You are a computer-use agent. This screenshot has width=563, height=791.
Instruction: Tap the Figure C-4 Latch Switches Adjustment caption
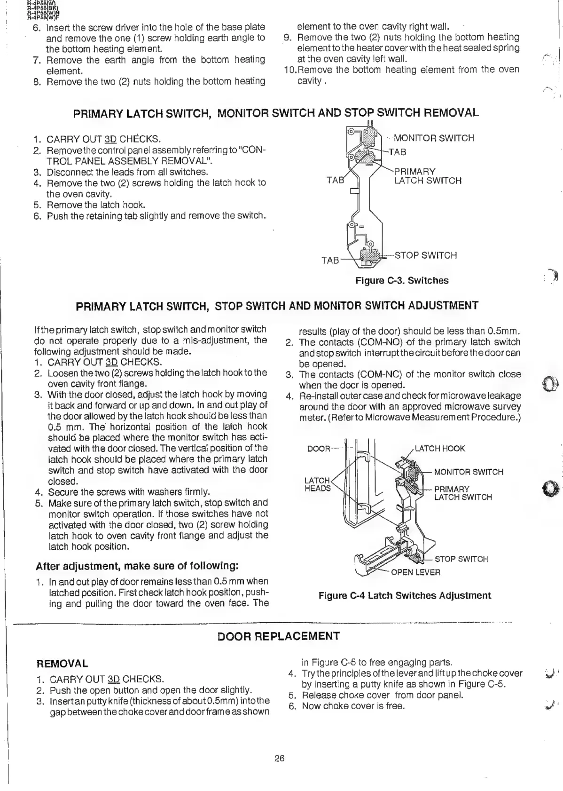tap(405, 595)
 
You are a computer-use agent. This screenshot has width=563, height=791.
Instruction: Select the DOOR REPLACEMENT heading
tap(279, 636)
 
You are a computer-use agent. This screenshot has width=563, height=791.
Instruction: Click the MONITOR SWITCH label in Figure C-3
tap(433, 138)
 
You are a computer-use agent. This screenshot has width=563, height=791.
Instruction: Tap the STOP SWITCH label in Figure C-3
tap(426, 255)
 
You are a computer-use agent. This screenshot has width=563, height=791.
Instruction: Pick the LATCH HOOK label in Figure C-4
tap(440, 448)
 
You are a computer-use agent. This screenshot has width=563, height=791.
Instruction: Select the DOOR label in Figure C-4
tap(319, 448)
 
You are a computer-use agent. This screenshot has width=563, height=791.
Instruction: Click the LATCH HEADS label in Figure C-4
tap(318, 484)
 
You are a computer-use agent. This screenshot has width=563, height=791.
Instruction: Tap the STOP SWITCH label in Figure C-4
tap(461, 559)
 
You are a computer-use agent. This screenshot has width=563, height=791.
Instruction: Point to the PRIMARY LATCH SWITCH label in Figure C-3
tap(427, 176)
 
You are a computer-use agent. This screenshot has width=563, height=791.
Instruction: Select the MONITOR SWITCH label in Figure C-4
tap(469, 472)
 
